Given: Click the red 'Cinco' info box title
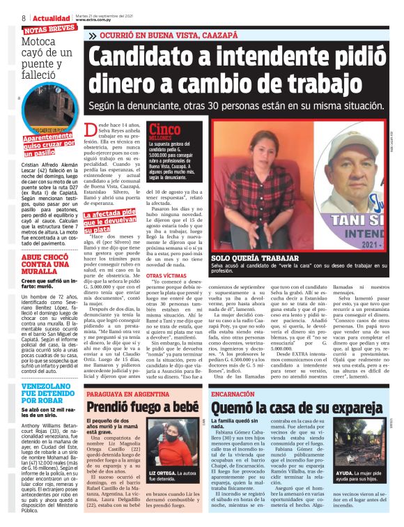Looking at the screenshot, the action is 164,129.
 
